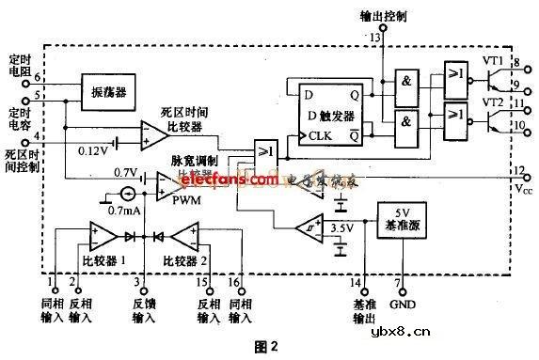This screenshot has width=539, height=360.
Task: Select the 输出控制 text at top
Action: (x=381, y=16)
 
